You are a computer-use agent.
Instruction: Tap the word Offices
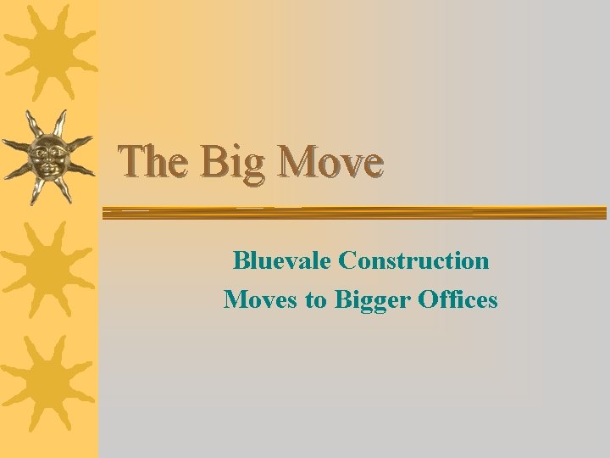pos(458,299)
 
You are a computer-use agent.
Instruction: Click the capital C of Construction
pos(346,260)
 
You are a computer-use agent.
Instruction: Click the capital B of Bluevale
pos(241,260)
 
